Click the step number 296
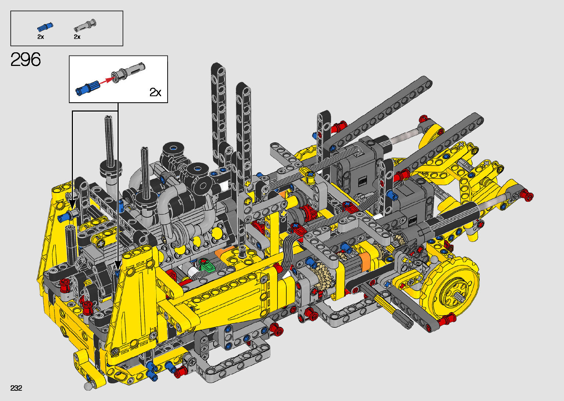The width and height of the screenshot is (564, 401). pos(25,59)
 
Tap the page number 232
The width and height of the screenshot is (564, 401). pos(16,388)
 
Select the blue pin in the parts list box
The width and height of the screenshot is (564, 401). pos(45,27)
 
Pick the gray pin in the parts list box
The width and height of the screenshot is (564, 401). pos(85,25)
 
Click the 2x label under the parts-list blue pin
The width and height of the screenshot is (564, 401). pos(41,37)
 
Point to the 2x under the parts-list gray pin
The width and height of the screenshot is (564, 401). pos(77,37)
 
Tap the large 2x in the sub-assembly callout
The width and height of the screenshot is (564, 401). pos(155,92)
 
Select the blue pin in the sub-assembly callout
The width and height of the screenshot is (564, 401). pos(88,88)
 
